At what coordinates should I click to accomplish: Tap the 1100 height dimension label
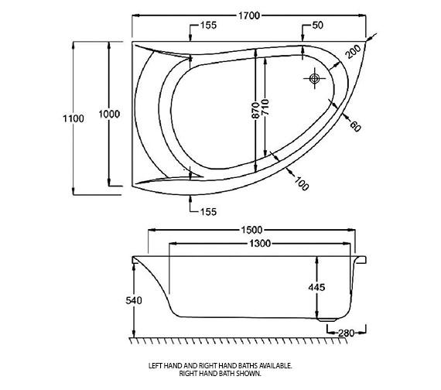pyautogui.click(x=60, y=118)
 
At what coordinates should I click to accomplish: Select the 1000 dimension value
pyautogui.click(x=109, y=114)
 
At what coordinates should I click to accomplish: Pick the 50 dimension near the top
pyautogui.click(x=317, y=26)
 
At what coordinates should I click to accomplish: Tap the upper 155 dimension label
pyautogui.click(x=207, y=26)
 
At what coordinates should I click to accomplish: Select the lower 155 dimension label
pyautogui.click(x=207, y=211)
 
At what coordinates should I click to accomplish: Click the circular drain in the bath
pyautogui.click(x=314, y=78)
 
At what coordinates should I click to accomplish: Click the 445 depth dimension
pyautogui.click(x=316, y=287)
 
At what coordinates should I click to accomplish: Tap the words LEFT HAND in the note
pyautogui.click(x=166, y=365)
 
